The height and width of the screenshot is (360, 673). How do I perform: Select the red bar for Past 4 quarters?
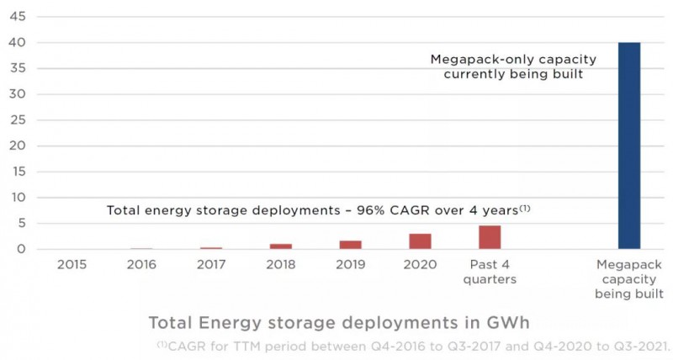coord(490,237)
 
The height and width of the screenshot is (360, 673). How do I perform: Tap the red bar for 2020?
coord(420,241)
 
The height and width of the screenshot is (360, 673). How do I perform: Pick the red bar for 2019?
coord(351,245)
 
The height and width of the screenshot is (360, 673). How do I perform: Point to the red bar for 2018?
coord(281,246)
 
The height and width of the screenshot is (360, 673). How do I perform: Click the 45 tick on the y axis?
coord(17,17)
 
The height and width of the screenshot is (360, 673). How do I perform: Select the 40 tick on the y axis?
coord(17,43)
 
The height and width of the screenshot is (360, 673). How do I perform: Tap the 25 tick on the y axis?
coord(17,120)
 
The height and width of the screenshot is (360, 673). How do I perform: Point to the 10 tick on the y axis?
coord(17,198)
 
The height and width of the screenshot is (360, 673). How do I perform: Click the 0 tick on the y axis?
coord(20,249)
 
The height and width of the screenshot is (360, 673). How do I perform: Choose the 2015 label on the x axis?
coord(72,265)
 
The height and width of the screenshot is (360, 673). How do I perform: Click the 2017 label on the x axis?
coord(211,265)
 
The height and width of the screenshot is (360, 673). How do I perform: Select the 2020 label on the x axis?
coord(420,265)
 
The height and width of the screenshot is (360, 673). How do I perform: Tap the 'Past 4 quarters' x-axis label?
coord(490,272)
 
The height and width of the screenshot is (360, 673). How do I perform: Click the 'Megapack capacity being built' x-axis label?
coord(629,279)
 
